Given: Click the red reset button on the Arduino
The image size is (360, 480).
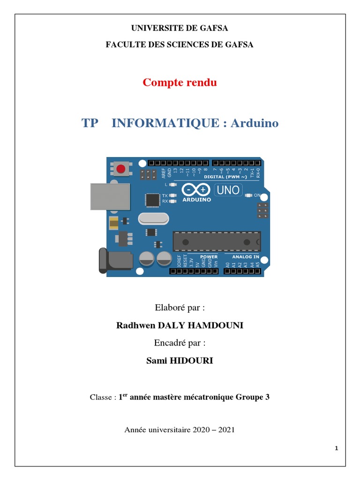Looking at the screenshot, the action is point(121,168).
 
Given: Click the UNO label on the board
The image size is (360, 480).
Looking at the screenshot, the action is point(228,190).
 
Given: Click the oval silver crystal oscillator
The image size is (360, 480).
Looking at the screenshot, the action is point(153,218).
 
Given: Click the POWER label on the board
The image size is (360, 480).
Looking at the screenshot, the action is point(209,257).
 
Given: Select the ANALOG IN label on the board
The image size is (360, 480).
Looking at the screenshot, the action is point(246,257).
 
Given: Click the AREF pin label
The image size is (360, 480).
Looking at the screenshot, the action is point(164,172).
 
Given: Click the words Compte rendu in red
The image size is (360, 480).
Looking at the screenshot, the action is point(180,83).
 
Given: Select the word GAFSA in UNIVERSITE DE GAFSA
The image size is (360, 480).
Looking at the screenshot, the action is point(213,28).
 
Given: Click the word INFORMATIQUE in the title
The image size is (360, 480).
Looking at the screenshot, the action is point(165,123).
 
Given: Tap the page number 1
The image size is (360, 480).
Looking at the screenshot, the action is point(336,449).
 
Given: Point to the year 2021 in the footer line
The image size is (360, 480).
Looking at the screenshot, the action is point(225,429).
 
